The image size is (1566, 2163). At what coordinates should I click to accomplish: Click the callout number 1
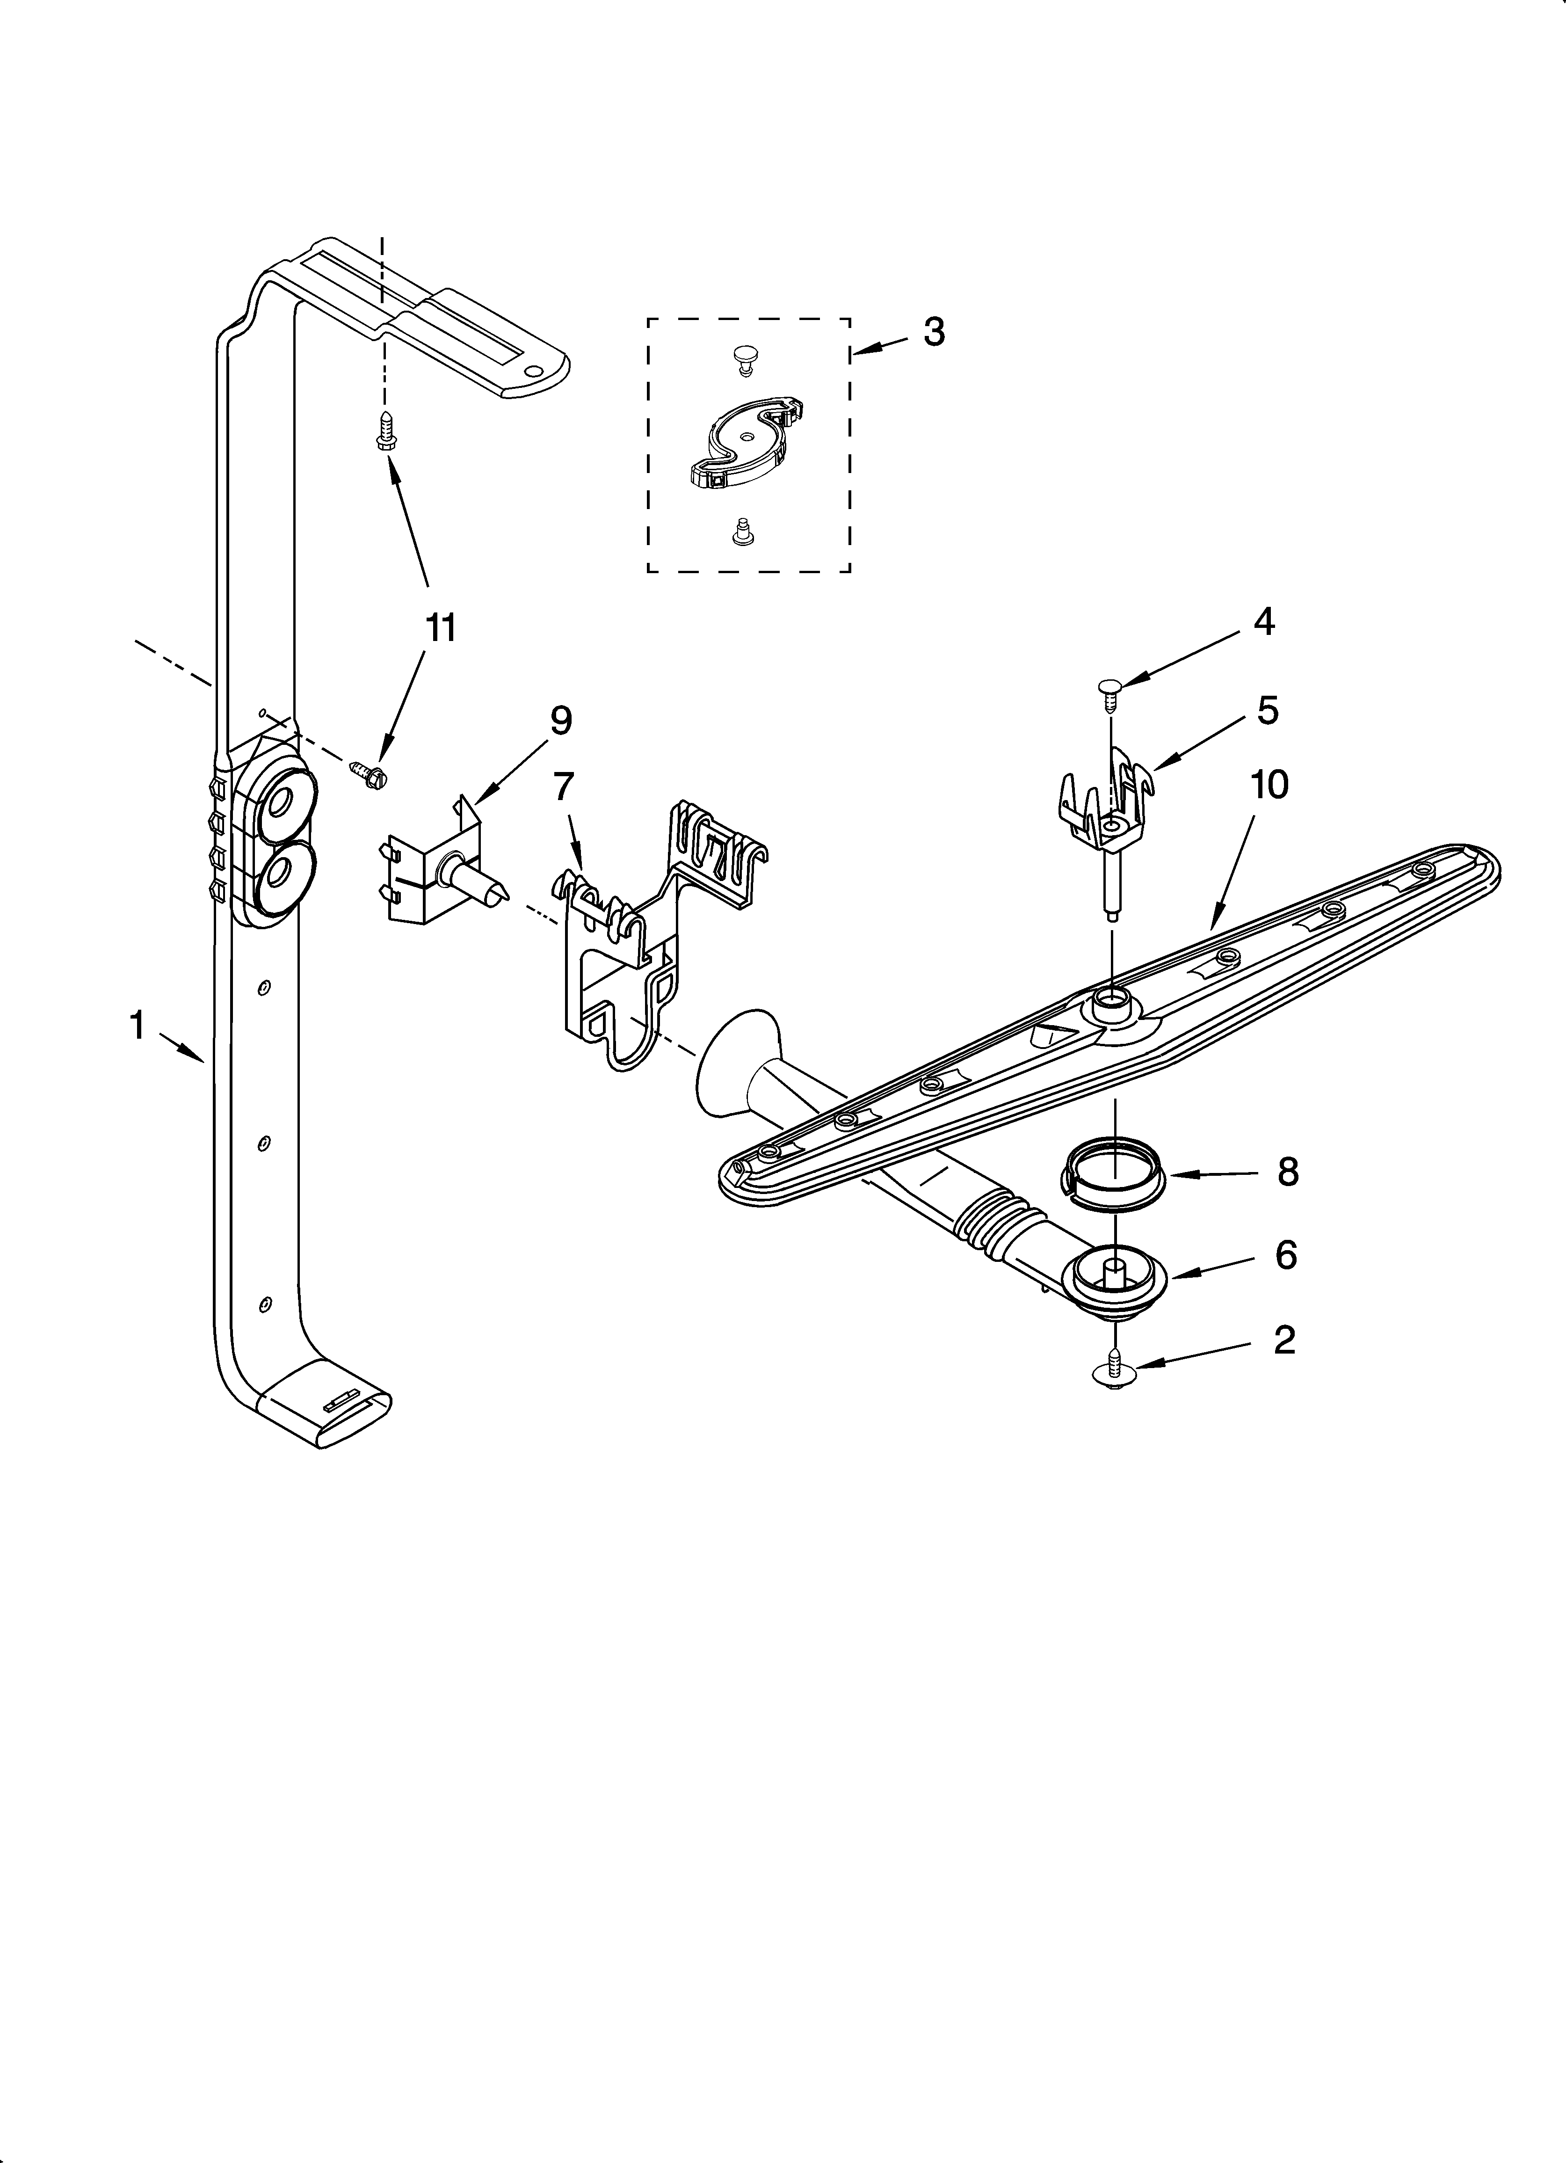(x=138, y=1026)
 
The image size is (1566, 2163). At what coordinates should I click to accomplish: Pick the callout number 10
(x=1269, y=784)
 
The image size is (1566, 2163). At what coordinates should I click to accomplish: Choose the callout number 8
(x=1288, y=1172)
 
